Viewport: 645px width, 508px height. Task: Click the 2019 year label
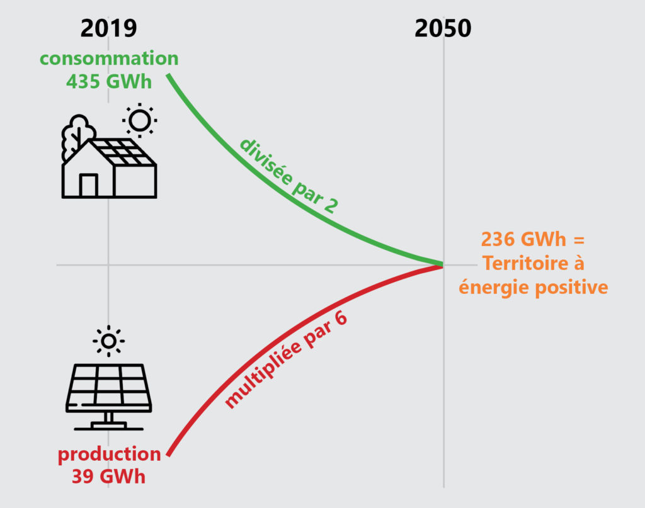(x=108, y=28)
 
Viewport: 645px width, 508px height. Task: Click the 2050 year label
(x=443, y=28)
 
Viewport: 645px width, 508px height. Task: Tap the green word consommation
(x=109, y=59)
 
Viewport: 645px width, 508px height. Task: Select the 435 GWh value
(x=109, y=81)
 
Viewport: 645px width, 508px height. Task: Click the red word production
(x=109, y=454)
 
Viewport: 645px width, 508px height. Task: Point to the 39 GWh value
(x=108, y=477)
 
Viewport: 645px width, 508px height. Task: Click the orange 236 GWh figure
(x=523, y=239)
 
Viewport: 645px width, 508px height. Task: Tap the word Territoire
(x=519, y=263)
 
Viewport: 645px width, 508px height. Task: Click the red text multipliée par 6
(x=286, y=359)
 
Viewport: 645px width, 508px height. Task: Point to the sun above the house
(x=139, y=120)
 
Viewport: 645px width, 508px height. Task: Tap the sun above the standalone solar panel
(x=108, y=341)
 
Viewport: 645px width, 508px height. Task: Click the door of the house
(x=88, y=185)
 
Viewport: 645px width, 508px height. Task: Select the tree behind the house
(x=77, y=135)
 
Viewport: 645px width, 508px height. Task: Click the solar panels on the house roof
(x=123, y=152)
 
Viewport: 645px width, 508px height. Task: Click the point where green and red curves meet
(x=443, y=264)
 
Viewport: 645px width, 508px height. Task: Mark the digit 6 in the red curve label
(x=341, y=318)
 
